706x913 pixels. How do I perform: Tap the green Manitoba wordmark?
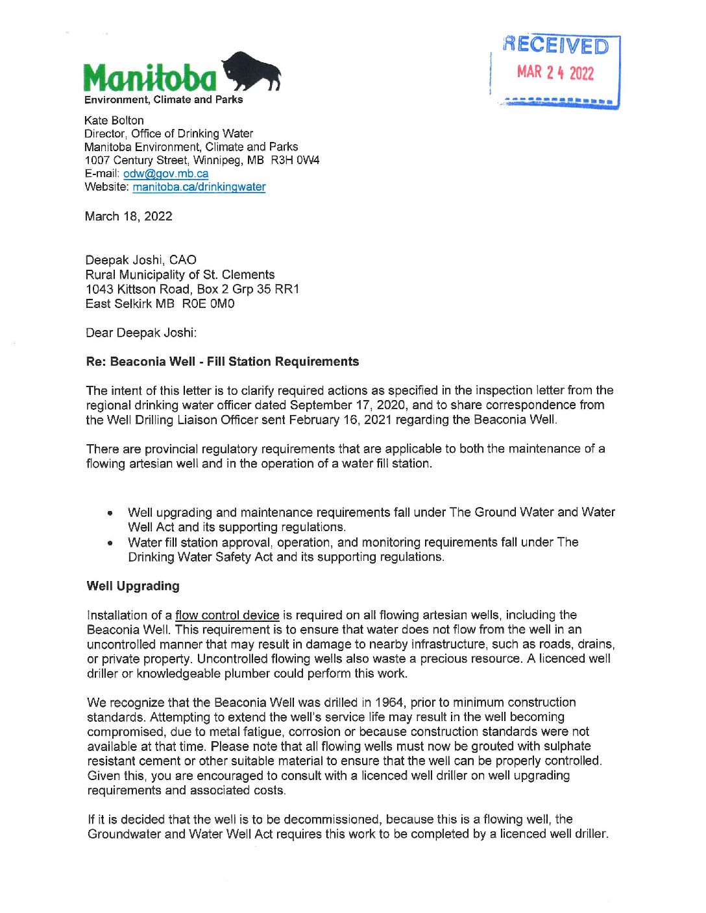[x=149, y=79]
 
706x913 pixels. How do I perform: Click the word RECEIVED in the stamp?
[x=556, y=45]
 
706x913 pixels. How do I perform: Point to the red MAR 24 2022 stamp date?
[x=555, y=72]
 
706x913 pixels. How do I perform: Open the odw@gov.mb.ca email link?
[x=165, y=173]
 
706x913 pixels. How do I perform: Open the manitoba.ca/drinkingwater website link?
[x=199, y=187]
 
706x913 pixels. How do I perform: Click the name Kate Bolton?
[x=114, y=120]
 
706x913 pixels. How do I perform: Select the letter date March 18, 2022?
[x=128, y=216]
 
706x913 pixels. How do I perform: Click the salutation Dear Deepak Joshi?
[x=141, y=333]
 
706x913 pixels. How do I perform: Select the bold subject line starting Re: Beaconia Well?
[x=223, y=361]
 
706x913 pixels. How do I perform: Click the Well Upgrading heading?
[x=133, y=586]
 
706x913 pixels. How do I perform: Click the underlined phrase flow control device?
[x=227, y=615]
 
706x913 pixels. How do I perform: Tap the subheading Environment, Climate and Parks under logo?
[x=164, y=100]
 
